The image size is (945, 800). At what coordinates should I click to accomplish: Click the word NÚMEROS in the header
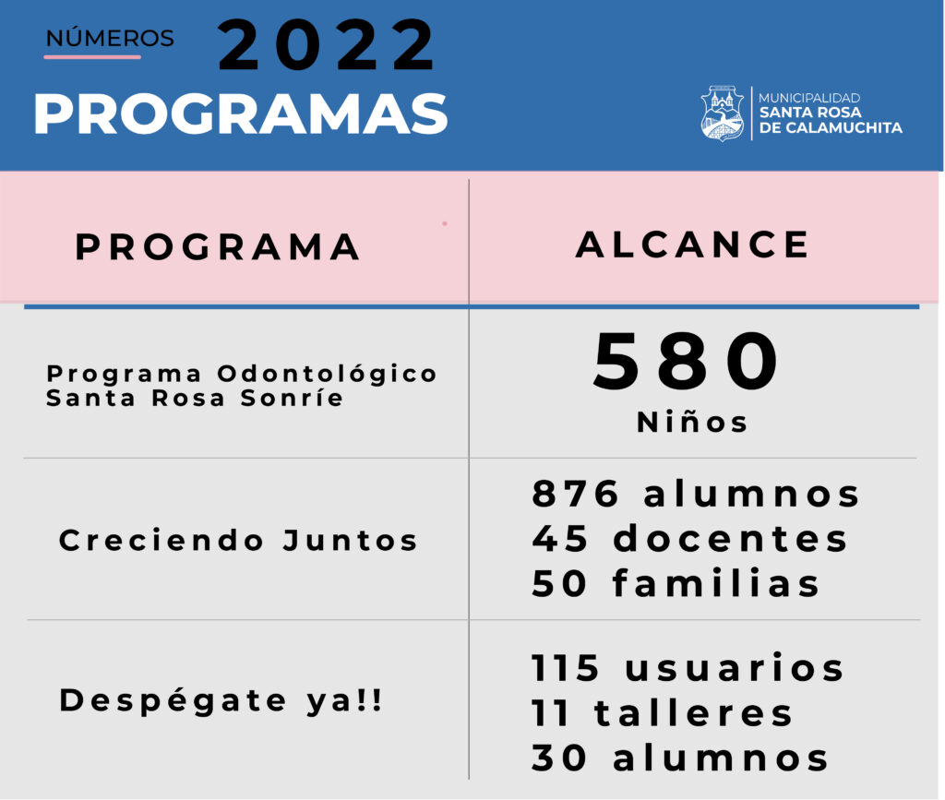pyautogui.click(x=110, y=37)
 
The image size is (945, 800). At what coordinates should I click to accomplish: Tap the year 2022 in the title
pyautogui.click(x=326, y=45)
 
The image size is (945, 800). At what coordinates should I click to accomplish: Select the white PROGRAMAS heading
pyautogui.click(x=241, y=113)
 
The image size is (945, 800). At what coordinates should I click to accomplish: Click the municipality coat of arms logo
pyautogui.click(x=722, y=113)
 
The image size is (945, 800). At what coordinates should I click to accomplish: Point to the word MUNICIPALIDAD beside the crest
pyautogui.click(x=808, y=98)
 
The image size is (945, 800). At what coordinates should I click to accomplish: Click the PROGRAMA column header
pyautogui.click(x=218, y=247)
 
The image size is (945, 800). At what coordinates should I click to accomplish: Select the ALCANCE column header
pyautogui.click(x=692, y=245)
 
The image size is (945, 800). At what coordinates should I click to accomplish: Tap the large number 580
pyautogui.click(x=686, y=361)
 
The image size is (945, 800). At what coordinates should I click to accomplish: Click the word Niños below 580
pyautogui.click(x=692, y=422)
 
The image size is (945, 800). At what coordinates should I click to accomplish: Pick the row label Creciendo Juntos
pyautogui.click(x=238, y=540)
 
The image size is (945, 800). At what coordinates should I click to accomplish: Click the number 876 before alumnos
pyautogui.click(x=575, y=494)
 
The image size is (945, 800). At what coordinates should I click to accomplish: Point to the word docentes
pyautogui.click(x=731, y=538)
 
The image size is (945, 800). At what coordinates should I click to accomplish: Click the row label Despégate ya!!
pyautogui.click(x=221, y=700)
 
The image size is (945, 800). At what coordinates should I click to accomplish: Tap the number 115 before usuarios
pyautogui.click(x=566, y=668)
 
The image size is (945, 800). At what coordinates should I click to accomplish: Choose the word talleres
pyautogui.click(x=693, y=712)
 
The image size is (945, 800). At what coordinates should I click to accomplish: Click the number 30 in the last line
pyautogui.click(x=559, y=758)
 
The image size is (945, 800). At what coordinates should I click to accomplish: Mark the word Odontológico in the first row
pyautogui.click(x=328, y=374)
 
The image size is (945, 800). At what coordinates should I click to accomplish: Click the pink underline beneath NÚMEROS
pyautogui.click(x=92, y=57)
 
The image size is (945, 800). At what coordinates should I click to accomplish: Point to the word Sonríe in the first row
pyautogui.click(x=292, y=399)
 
